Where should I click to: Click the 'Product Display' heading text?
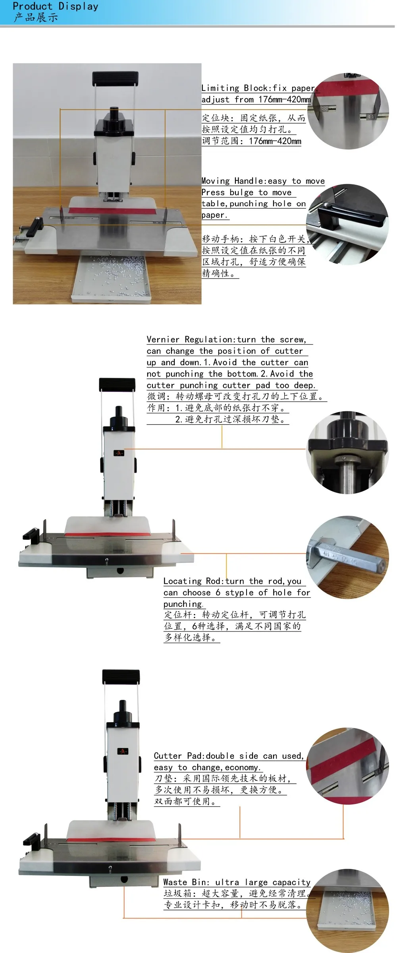tap(56, 6)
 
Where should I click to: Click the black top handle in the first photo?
tap(115, 78)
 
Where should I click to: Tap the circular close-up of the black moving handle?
tap(348, 225)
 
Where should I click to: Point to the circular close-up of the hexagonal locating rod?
tap(348, 557)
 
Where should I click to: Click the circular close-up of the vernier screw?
tap(348, 452)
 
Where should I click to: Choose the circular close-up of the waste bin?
tap(348, 911)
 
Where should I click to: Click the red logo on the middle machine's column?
tap(119, 453)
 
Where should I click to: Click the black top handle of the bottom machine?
tap(121, 676)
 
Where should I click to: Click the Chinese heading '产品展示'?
tap(36, 17)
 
